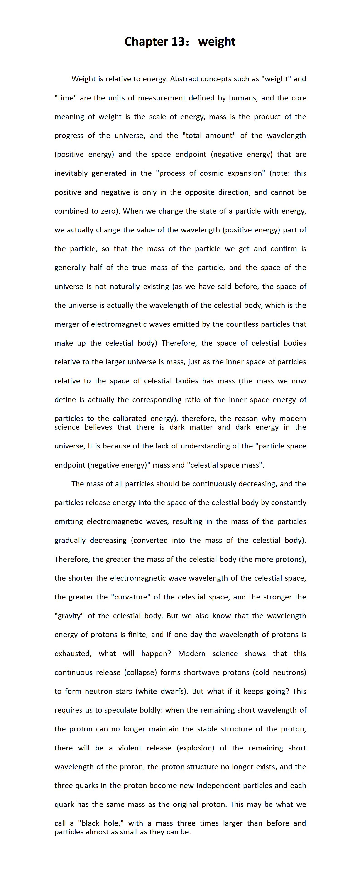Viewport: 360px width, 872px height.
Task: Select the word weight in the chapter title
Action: (x=217, y=42)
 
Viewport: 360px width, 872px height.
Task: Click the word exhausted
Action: (x=72, y=654)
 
